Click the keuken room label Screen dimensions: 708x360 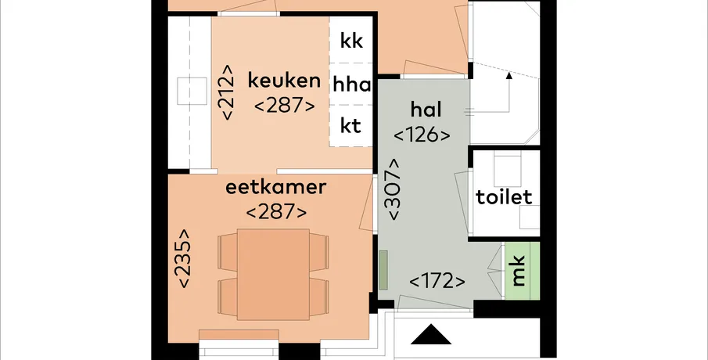pos(284,81)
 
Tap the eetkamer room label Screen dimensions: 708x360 pos(275,187)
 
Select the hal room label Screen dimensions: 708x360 pos(426,110)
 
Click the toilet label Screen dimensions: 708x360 pos(504,197)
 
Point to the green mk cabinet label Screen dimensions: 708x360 pos(519,271)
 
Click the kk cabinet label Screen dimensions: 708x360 pos(351,41)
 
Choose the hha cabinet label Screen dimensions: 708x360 pos(352,85)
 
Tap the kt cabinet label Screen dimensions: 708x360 pos(350,127)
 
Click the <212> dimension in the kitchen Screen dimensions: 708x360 pos(226,92)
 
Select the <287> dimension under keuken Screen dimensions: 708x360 pos(285,106)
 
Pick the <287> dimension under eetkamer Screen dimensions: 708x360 pos(276,212)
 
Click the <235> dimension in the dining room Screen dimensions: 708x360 pos(184,258)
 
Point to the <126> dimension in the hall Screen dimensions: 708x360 pos(422,135)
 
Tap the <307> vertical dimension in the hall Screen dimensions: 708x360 pos(393,189)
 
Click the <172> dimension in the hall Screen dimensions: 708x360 pos(437,282)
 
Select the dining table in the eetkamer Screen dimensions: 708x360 pos(273,274)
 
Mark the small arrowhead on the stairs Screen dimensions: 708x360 pos(509,75)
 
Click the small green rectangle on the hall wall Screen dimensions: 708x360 pos(383,270)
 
